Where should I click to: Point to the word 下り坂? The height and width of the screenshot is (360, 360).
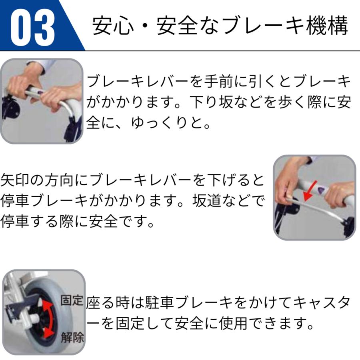(226, 102)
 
